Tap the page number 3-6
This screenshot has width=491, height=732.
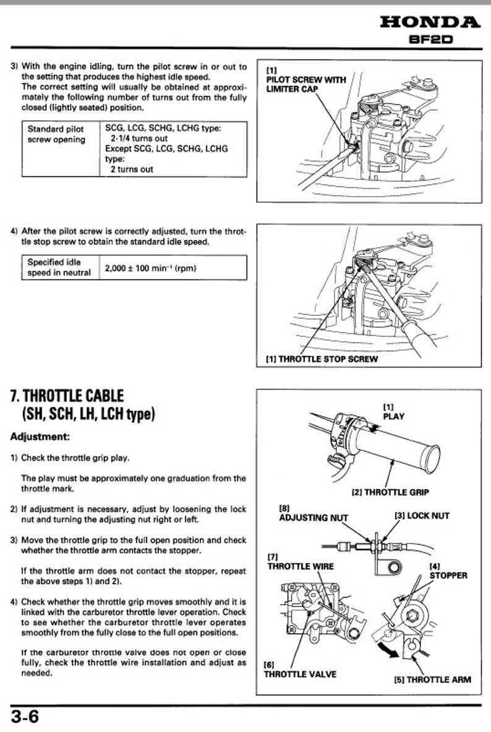(x=25, y=717)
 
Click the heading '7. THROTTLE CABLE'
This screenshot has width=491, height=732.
(x=67, y=395)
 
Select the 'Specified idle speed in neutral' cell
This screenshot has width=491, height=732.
(x=59, y=268)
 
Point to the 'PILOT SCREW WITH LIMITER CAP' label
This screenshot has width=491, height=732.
(x=297, y=83)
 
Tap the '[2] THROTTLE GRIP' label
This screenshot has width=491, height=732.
(x=390, y=493)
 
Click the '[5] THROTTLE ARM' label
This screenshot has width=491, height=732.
(x=432, y=679)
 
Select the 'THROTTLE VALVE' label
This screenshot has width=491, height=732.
(x=300, y=673)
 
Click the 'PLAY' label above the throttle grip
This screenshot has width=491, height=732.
(x=393, y=416)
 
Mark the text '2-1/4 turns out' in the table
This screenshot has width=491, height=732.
(x=139, y=139)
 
